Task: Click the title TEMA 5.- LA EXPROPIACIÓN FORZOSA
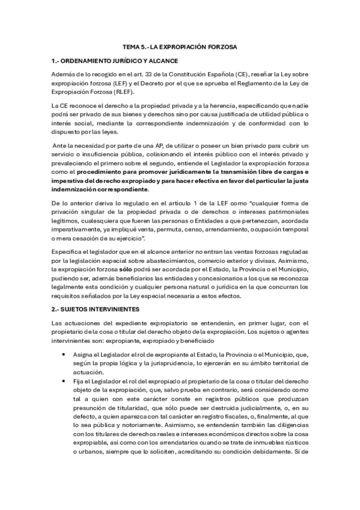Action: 179,46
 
